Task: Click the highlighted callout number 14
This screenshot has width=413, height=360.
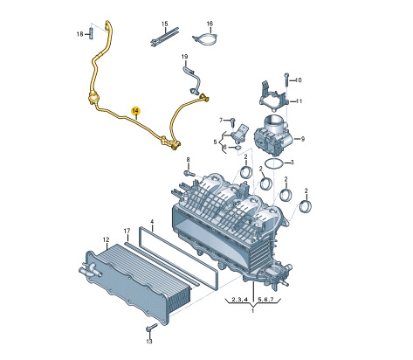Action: tap(135, 111)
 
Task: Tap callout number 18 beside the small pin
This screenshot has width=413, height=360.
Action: tap(80, 34)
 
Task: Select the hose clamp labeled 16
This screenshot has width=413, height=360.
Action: tap(205, 40)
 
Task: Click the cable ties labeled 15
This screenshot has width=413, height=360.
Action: tap(164, 38)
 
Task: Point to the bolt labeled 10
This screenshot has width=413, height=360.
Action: tap(286, 79)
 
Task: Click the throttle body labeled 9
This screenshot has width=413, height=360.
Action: tap(274, 135)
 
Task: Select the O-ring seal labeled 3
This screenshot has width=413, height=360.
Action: tap(273, 164)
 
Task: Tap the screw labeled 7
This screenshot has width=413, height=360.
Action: tap(233, 121)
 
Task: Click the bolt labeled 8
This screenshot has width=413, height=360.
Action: tap(189, 174)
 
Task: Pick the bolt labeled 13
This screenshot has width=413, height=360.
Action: tap(151, 328)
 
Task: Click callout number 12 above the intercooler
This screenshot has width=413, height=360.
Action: tap(106, 239)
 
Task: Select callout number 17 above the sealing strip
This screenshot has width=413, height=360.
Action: tap(127, 231)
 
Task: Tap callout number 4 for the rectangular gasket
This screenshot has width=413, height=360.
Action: tap(152, 222)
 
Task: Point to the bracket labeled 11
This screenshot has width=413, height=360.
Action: tap(273, 95)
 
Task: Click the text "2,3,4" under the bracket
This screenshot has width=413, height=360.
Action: tap(239, 299)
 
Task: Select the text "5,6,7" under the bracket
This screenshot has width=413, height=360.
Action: tap(265, 299)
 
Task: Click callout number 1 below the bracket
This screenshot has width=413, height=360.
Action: tap(252, 311)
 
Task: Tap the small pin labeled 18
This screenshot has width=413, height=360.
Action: tap(91, 33)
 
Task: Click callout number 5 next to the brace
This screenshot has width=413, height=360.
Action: tap(215, 142)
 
